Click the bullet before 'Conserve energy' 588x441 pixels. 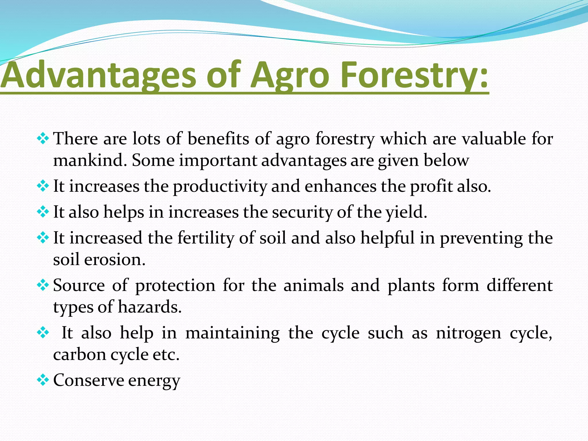pos(43,380)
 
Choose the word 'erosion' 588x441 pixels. pos(115,260)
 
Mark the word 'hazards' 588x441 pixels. pos(150,307)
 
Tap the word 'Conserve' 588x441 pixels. pos(88,380)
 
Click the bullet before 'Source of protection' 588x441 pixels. pos(43,285)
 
